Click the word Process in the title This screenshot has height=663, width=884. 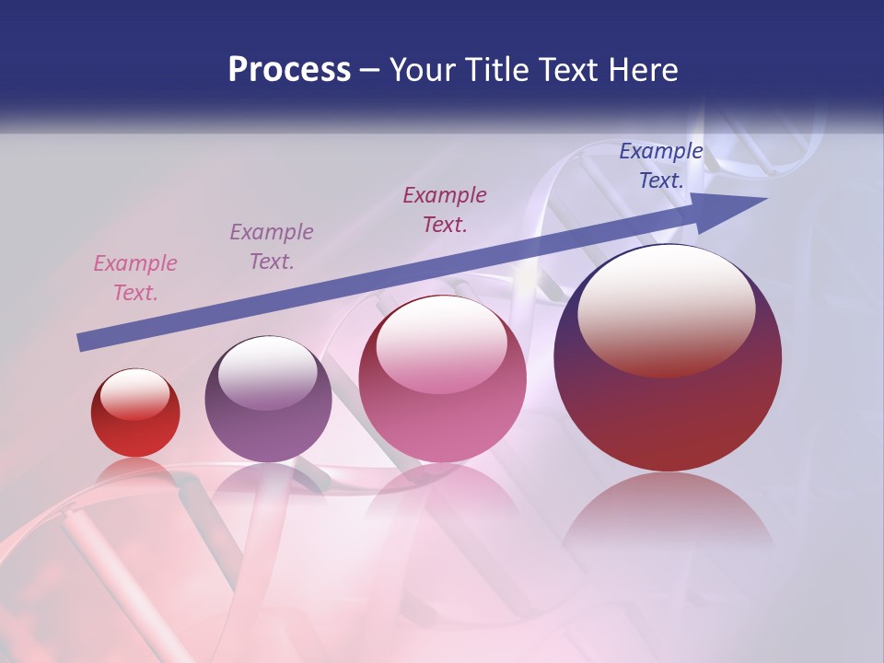(x=289, y=70)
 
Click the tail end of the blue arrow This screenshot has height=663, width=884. (x=83, y=343)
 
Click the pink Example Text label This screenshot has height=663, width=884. (x=135, y=278)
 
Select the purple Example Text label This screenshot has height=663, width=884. (x=272, y=247)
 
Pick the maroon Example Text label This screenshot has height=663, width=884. (x=445, y=210)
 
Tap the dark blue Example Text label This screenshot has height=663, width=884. (x=661, y=166)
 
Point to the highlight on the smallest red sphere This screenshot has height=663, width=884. (x=134, y=393)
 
